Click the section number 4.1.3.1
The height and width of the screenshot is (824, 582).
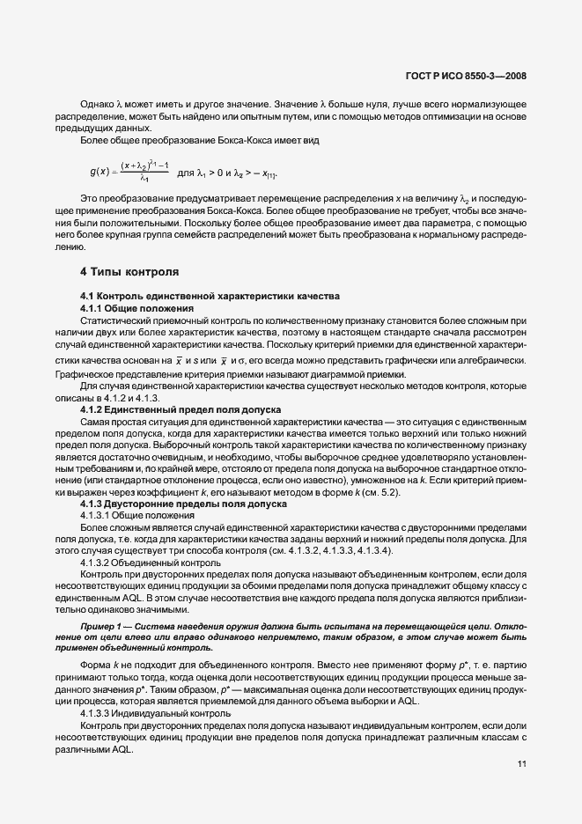98,514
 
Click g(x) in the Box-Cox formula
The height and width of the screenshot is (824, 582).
98,171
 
